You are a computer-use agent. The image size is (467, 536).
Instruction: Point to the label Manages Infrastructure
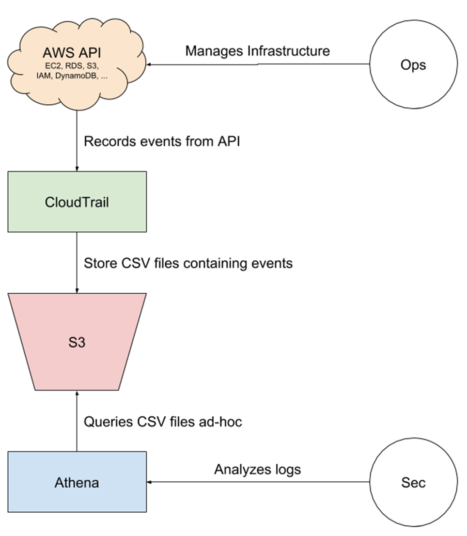[257, 51]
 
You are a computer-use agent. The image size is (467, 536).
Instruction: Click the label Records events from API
[161, 142]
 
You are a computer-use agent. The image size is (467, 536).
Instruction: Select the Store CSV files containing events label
[188, 263]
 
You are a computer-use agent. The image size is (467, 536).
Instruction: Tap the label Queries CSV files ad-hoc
[163, 422]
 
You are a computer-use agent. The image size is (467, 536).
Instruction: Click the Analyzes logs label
[257, 469]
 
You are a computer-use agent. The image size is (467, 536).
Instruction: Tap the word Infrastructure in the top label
[288, 51]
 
